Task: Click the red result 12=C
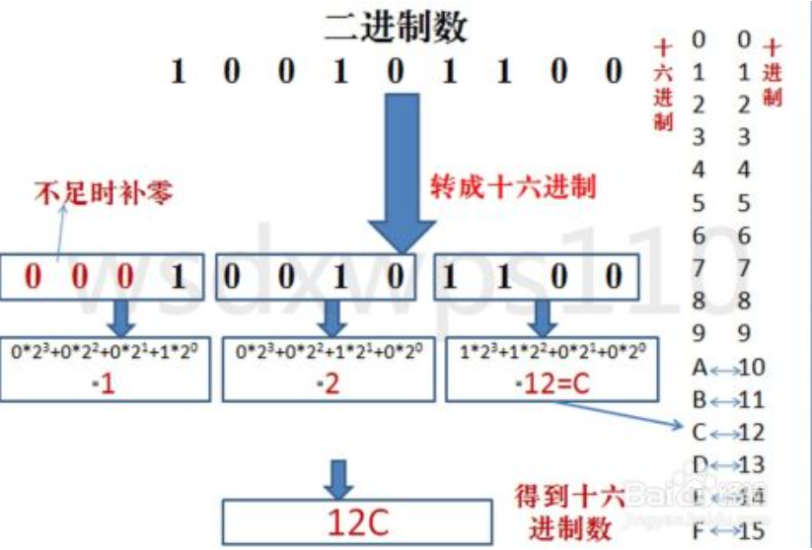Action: pos(552,383)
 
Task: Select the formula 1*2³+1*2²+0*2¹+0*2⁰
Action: pos(551,352)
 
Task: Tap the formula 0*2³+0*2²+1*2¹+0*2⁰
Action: pos(331,352)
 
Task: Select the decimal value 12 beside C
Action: pos(751,433)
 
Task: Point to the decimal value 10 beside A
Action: pos(751,369)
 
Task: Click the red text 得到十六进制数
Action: pos(569,508)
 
